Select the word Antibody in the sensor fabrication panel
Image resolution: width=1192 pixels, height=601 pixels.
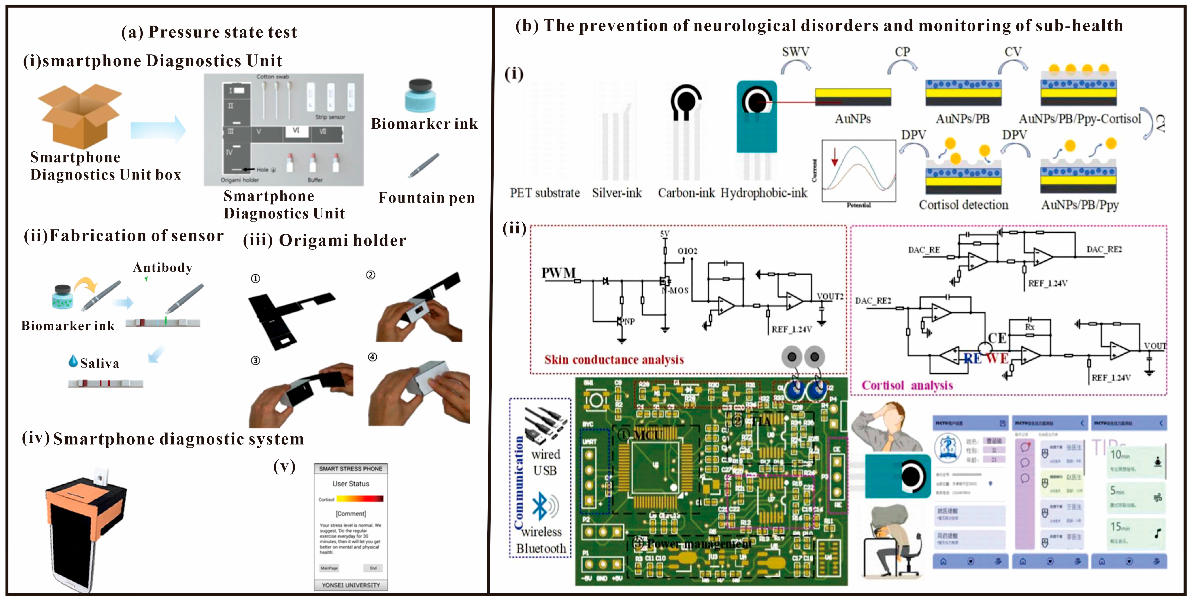point(163,267)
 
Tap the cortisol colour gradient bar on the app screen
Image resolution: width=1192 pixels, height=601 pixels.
point(359,499)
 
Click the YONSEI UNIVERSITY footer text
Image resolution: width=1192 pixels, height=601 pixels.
point(351,585)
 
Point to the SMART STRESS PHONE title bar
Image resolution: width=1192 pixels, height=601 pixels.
point(351,469)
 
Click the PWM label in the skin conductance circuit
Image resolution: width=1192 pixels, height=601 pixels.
point(559,273)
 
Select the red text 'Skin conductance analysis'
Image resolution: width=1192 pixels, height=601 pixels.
point(614,359)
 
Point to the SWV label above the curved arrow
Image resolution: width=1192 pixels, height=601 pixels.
point(795,52)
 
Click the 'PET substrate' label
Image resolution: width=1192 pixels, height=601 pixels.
point(545,193)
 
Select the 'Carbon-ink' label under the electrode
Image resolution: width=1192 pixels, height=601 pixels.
point(686,193)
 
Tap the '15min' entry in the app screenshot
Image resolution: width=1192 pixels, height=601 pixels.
point(1120,527)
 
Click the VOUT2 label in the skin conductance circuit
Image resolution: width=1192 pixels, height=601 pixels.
point(830,296)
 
